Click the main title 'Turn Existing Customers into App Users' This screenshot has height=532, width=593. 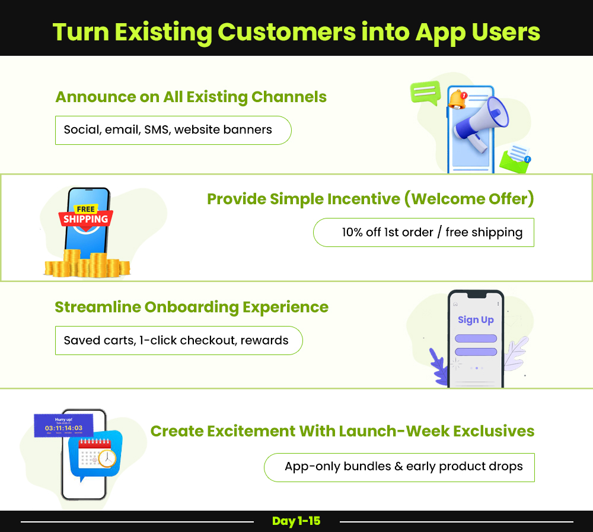296,31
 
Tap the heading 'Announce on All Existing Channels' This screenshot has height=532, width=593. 191,97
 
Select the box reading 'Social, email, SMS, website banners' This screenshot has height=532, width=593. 173,130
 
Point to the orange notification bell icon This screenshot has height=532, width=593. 457,99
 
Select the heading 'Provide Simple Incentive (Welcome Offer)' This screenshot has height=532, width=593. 370,199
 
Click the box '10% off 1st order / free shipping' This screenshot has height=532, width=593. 423,232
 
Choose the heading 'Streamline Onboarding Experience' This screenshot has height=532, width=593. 191,307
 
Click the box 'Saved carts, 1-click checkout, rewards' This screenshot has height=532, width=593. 178,340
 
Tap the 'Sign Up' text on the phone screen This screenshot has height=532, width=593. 476,319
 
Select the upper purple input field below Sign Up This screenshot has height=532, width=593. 476,338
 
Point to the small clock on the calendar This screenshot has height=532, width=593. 107,458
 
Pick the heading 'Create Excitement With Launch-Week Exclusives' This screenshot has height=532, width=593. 342,431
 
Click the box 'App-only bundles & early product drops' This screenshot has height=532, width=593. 399,467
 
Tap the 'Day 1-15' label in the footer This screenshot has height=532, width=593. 296,521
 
